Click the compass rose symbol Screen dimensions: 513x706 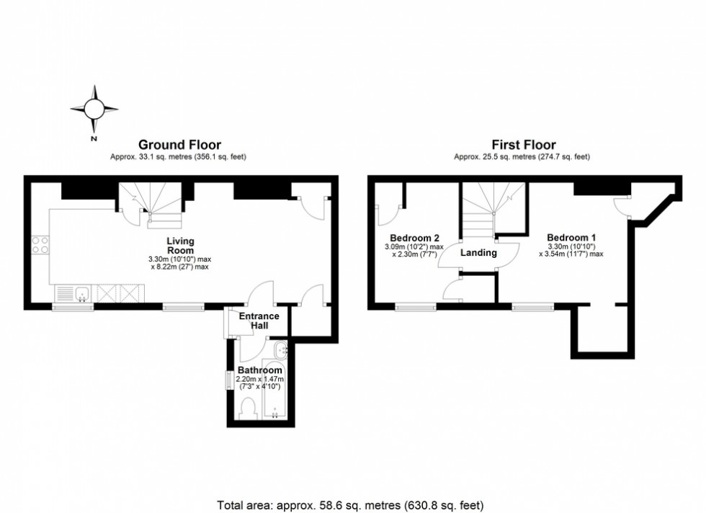coord(94,109)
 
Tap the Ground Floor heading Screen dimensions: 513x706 coord(179,145)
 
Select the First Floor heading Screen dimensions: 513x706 coord(523,145)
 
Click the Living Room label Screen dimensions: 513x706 coord(180,246)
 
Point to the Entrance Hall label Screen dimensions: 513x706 coord(259,321)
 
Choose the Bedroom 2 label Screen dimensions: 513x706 coord(414,238)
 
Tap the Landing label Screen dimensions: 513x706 coord(478,253)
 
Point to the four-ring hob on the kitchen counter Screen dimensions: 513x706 coord(40,245)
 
